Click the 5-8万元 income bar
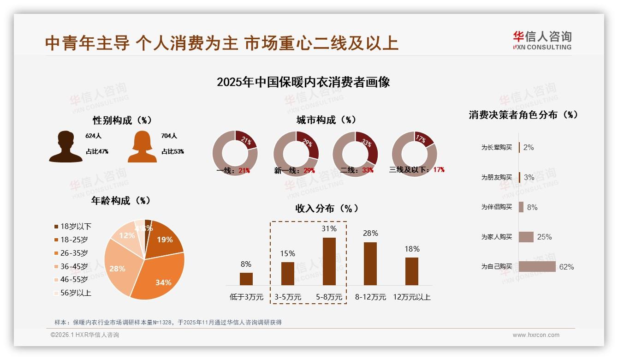pyautogui.click(x=329, y=261)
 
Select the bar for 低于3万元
pyautogui.click(x=246, y=279)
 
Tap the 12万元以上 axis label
pyautogui.click(x=411, y=297)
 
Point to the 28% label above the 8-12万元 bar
pyautogui.click(x=370, y=234)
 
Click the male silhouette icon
pyautogui.click(x=66, y=147)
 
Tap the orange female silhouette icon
pyautogui.click(x=142, y=147)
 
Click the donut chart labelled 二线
pyautogui.click(x=355, y=154)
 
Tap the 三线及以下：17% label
pyautogui.click(x=416, y=170)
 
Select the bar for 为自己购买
pyautogui.click(x=537, y=267)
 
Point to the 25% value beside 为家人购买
pyautogui.click(x=544, y=237)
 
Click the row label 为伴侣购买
pyautogui.click(x=496, y=207)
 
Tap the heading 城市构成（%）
pyautogui.click(x=326, y=120)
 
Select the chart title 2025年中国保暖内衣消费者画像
pyautogui.click(x=303, y=83)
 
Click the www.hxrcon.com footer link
pyautogui.click(x=536, y=335)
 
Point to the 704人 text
pyautogui.click(x=169, y=136)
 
